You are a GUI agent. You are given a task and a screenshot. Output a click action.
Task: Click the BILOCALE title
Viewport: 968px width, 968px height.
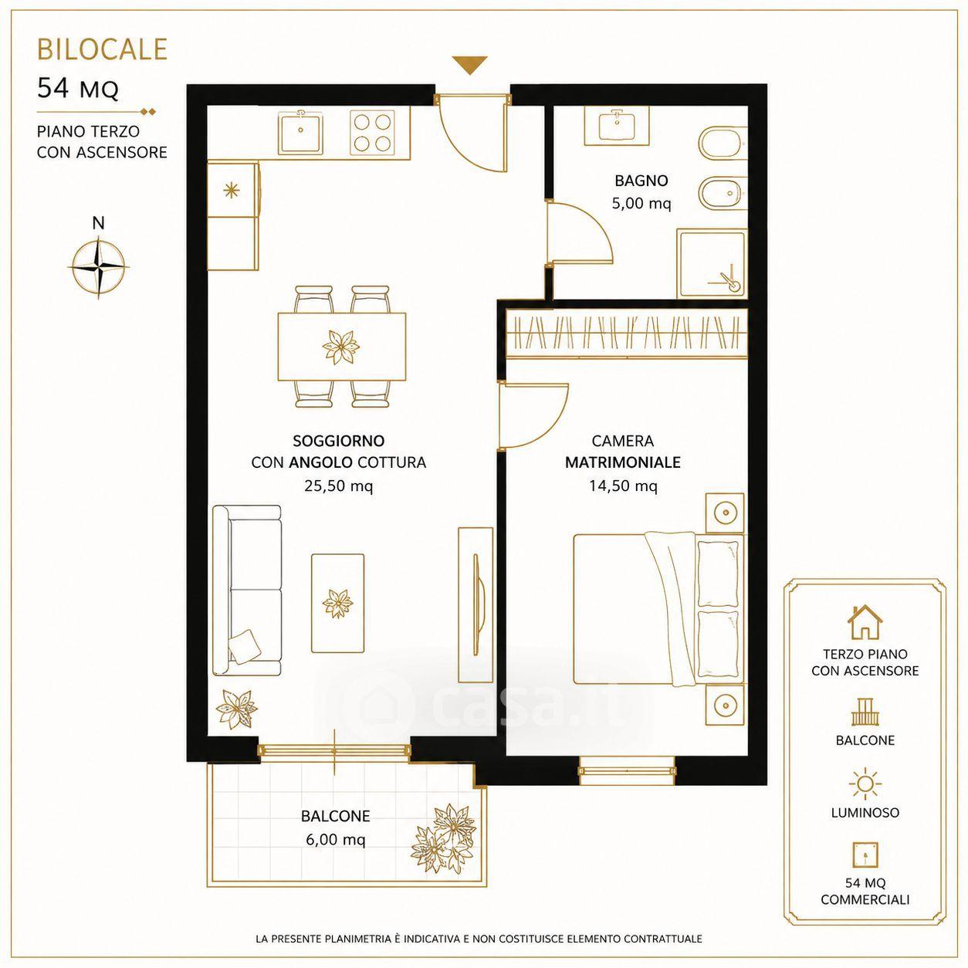click(x=102, y=49)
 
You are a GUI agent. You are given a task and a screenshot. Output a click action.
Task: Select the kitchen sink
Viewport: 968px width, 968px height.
click(x=300, y=130)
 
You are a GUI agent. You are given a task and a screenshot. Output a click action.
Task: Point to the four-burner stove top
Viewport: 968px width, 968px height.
click(x=372, y=132)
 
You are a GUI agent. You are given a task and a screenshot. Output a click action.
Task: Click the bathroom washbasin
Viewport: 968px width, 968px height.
click(x=616, y=126)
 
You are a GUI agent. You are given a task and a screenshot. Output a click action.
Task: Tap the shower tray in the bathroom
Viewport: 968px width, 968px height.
click(x=711, y=264)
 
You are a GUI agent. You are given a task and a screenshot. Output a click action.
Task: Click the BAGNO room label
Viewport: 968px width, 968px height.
click(x=641, y=181)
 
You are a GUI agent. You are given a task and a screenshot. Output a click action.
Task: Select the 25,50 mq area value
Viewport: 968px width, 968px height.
click(x=339, y=486)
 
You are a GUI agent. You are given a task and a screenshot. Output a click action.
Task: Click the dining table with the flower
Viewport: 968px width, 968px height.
click(x=342, y=347)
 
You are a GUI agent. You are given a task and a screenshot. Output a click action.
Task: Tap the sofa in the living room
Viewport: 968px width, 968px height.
click(x=247, y=590)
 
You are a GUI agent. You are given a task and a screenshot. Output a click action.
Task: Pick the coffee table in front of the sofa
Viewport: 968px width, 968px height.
click(x=337, y=604)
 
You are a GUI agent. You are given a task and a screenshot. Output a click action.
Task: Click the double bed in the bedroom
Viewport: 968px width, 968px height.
click(x=658, y=609)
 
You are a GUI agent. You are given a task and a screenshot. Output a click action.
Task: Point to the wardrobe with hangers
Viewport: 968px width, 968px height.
click(x=626, y=333)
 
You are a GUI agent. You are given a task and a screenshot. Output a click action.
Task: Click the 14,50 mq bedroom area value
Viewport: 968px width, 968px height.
click(x=623, y=486)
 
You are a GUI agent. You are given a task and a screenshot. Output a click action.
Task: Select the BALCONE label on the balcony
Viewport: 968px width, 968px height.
click(x=336, y=816)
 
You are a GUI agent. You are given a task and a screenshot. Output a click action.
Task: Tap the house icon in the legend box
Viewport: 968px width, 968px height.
click(x=865, y=621)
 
